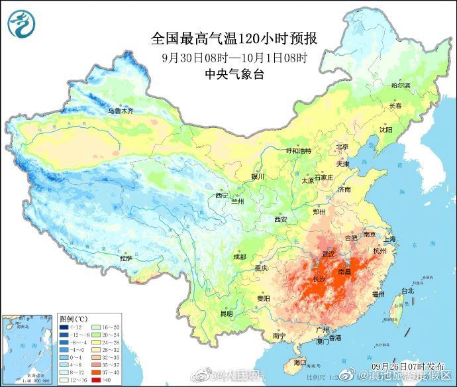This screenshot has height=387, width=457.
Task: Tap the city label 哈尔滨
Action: tap(400, 85)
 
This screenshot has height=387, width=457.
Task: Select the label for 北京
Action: tap(342, 146)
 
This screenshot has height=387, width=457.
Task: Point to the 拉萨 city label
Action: tap(126, 258)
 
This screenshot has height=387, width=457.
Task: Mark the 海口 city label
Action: tap(299, 362)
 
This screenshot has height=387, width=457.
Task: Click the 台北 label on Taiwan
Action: tap(407, 290)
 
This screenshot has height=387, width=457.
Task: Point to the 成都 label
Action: tap(239, 256)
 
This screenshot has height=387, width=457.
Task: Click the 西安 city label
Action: tap(280, 219)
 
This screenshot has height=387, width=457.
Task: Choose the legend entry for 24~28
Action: tap(97, 341)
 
